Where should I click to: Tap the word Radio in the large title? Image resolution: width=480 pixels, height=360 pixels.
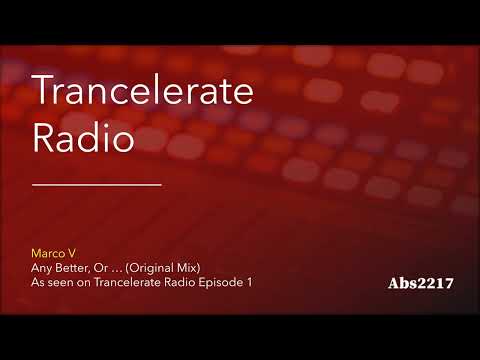(x=84, y=139)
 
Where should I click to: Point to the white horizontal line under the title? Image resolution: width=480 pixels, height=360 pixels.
(x=97, y=185)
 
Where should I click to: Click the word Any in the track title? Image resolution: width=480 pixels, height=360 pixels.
(x=43, y=269)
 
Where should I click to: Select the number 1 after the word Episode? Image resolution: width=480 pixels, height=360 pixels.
(x=250, y=283)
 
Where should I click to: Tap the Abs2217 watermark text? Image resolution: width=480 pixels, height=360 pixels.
(x=421, y=283)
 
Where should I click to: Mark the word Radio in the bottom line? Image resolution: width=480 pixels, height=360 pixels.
(x=181, y=283)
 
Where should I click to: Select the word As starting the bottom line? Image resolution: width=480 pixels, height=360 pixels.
(x=39, y=283)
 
